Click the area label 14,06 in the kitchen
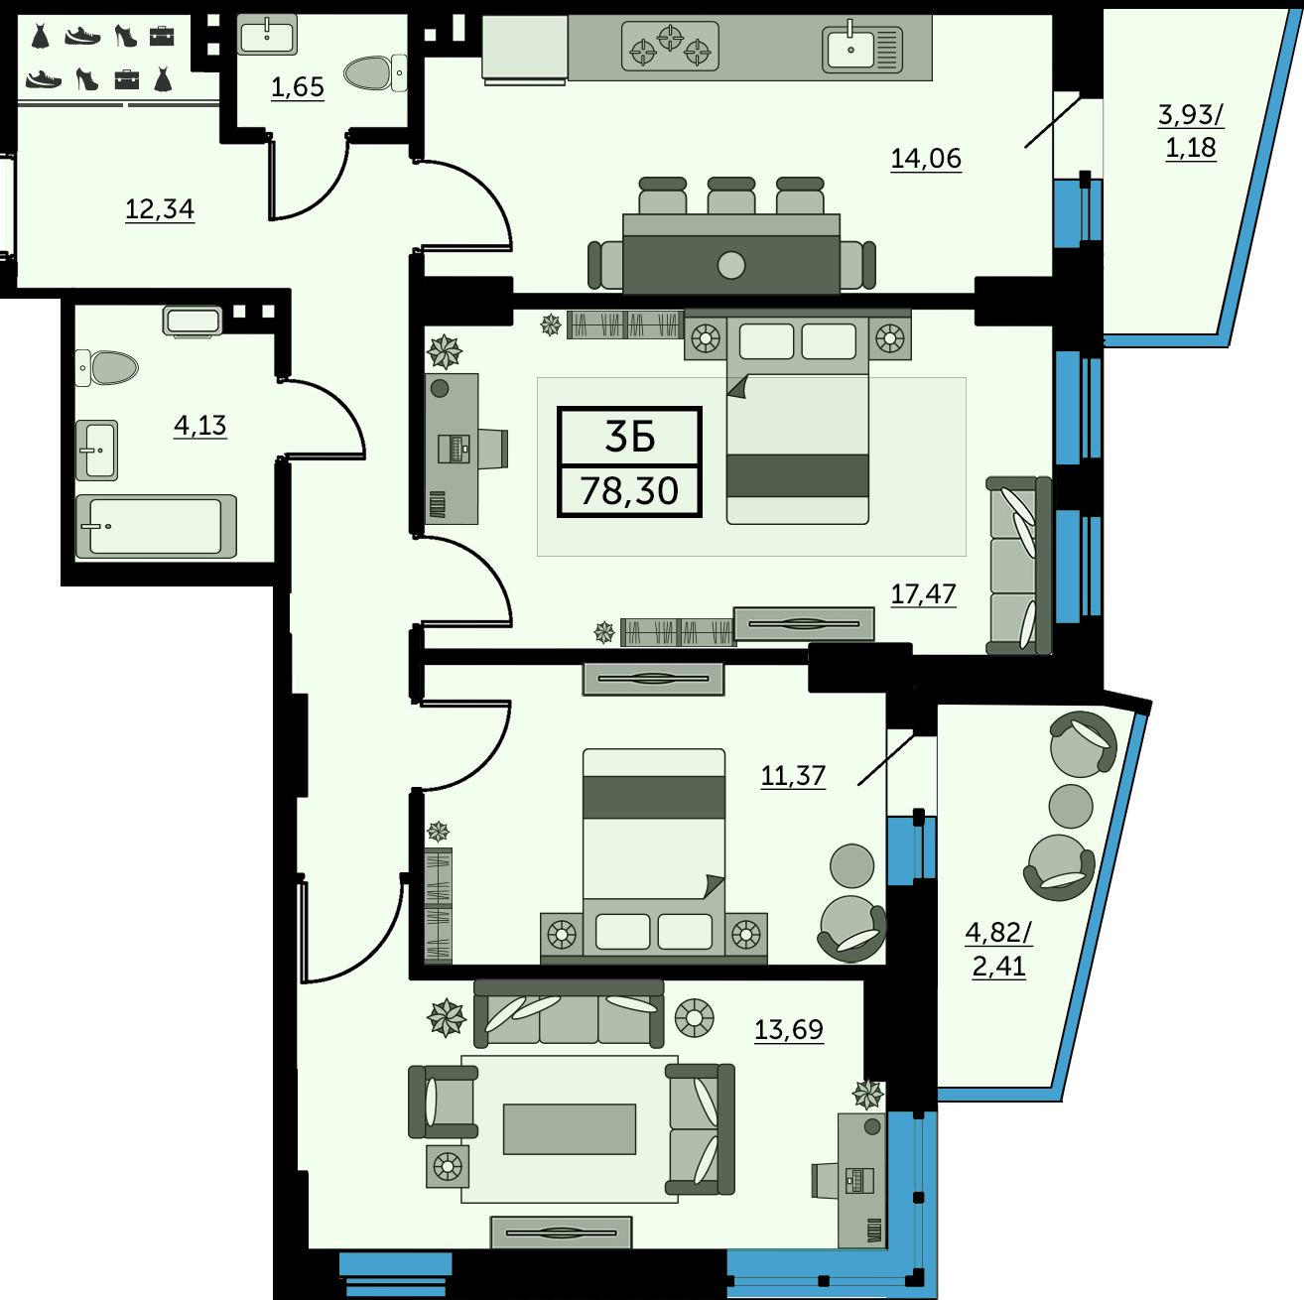click(926, 159)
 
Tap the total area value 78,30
click(629, 490)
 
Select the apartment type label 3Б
click(629, 437)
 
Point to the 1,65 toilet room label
click(297, 87)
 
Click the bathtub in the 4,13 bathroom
click(157, 527)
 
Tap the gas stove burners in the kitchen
click(670, 46)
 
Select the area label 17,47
click(923, 594)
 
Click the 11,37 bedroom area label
click(793, 775)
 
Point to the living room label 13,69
click(788, 1029)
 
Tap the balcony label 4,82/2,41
click(998, 949)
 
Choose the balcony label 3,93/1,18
click(1191, 131)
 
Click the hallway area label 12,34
click(160, 209)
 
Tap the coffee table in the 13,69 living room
click(569, 1128)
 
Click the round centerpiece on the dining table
click(730, 265)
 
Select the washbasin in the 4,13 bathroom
click(97, 450)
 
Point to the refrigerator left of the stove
click(524, 49)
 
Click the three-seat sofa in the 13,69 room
click(569, 1014)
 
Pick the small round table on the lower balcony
click(1071, 806)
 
